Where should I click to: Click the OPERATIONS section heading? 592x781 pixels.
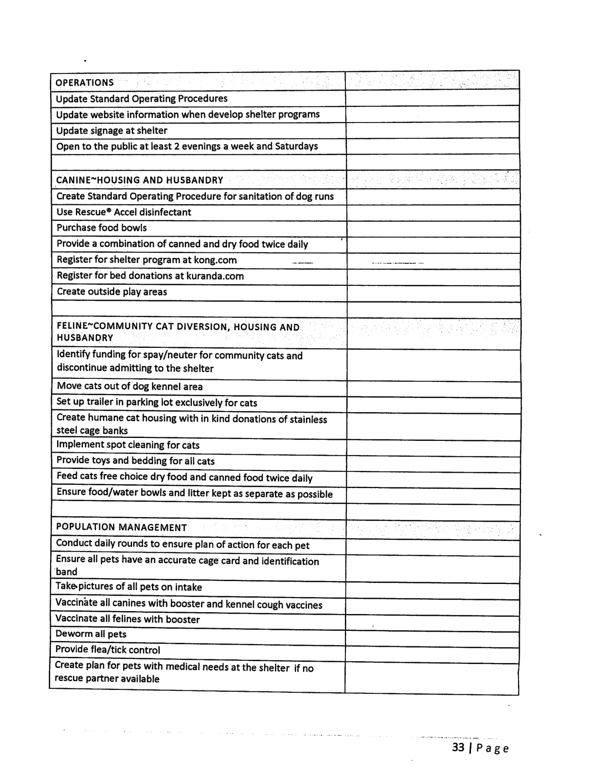coord(85,83)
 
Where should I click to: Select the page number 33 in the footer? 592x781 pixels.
coord(458,747)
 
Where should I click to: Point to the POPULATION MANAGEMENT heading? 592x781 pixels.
coord(121,527)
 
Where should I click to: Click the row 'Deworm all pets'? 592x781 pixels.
coord(91,634)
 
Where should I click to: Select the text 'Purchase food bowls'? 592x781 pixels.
coord(102,228)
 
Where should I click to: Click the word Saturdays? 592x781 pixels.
coord(296,146)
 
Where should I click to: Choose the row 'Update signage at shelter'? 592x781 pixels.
coord(112,131)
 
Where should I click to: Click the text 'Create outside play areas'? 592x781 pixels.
coord(112,292)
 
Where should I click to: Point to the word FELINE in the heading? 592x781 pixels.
coord(72,327)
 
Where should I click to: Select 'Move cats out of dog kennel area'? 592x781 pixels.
coord(130,386)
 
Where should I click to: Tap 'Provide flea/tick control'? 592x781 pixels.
coord(107,650)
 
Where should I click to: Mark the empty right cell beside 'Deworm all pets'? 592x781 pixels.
coord(432,640)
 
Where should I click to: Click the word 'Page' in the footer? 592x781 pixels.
coord(492,748)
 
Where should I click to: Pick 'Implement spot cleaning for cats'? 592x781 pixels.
coord(128,445)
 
